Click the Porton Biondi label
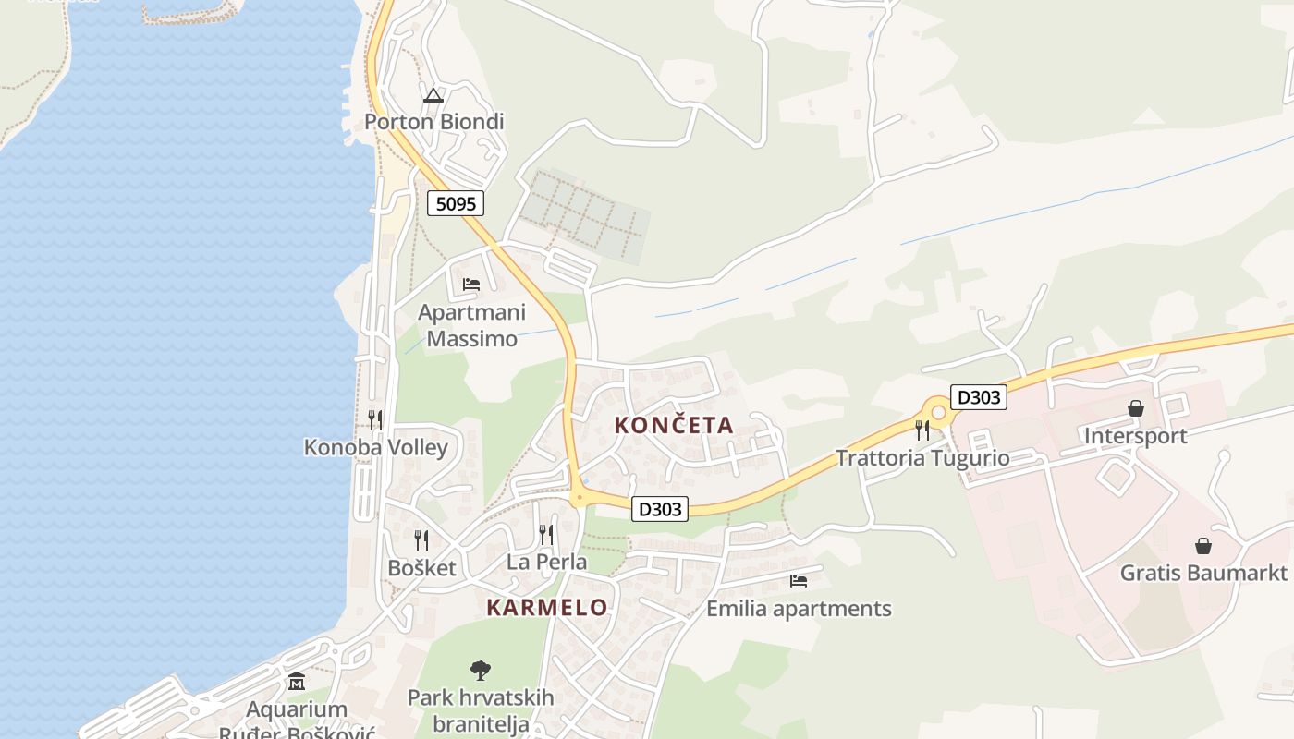(x=433, y=122)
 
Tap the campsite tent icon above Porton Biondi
(x=433, y=94)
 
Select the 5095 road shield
(x=456, y=203)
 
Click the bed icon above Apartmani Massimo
(x=471, y=285)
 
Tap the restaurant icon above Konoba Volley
(x=375, y=420)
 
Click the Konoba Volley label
(x=376, y=448)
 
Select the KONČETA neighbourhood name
(x=674, y=426)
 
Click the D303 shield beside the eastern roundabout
(x=978, y=398)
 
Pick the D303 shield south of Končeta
(x=660, y=509)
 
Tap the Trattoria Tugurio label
(x=922, y=458)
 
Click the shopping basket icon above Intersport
(x=1136, y=408)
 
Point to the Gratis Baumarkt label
(x=1203, y=573)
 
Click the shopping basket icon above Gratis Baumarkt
(x=1203, y=546)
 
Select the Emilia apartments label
(x=799, y=609)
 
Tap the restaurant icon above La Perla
(x=546, y=535)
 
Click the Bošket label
(x=421, y=568)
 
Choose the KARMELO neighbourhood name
(x=547, y=608)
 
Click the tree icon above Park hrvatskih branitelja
(x=481, y=671)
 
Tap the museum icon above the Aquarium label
(x=297, y=683)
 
